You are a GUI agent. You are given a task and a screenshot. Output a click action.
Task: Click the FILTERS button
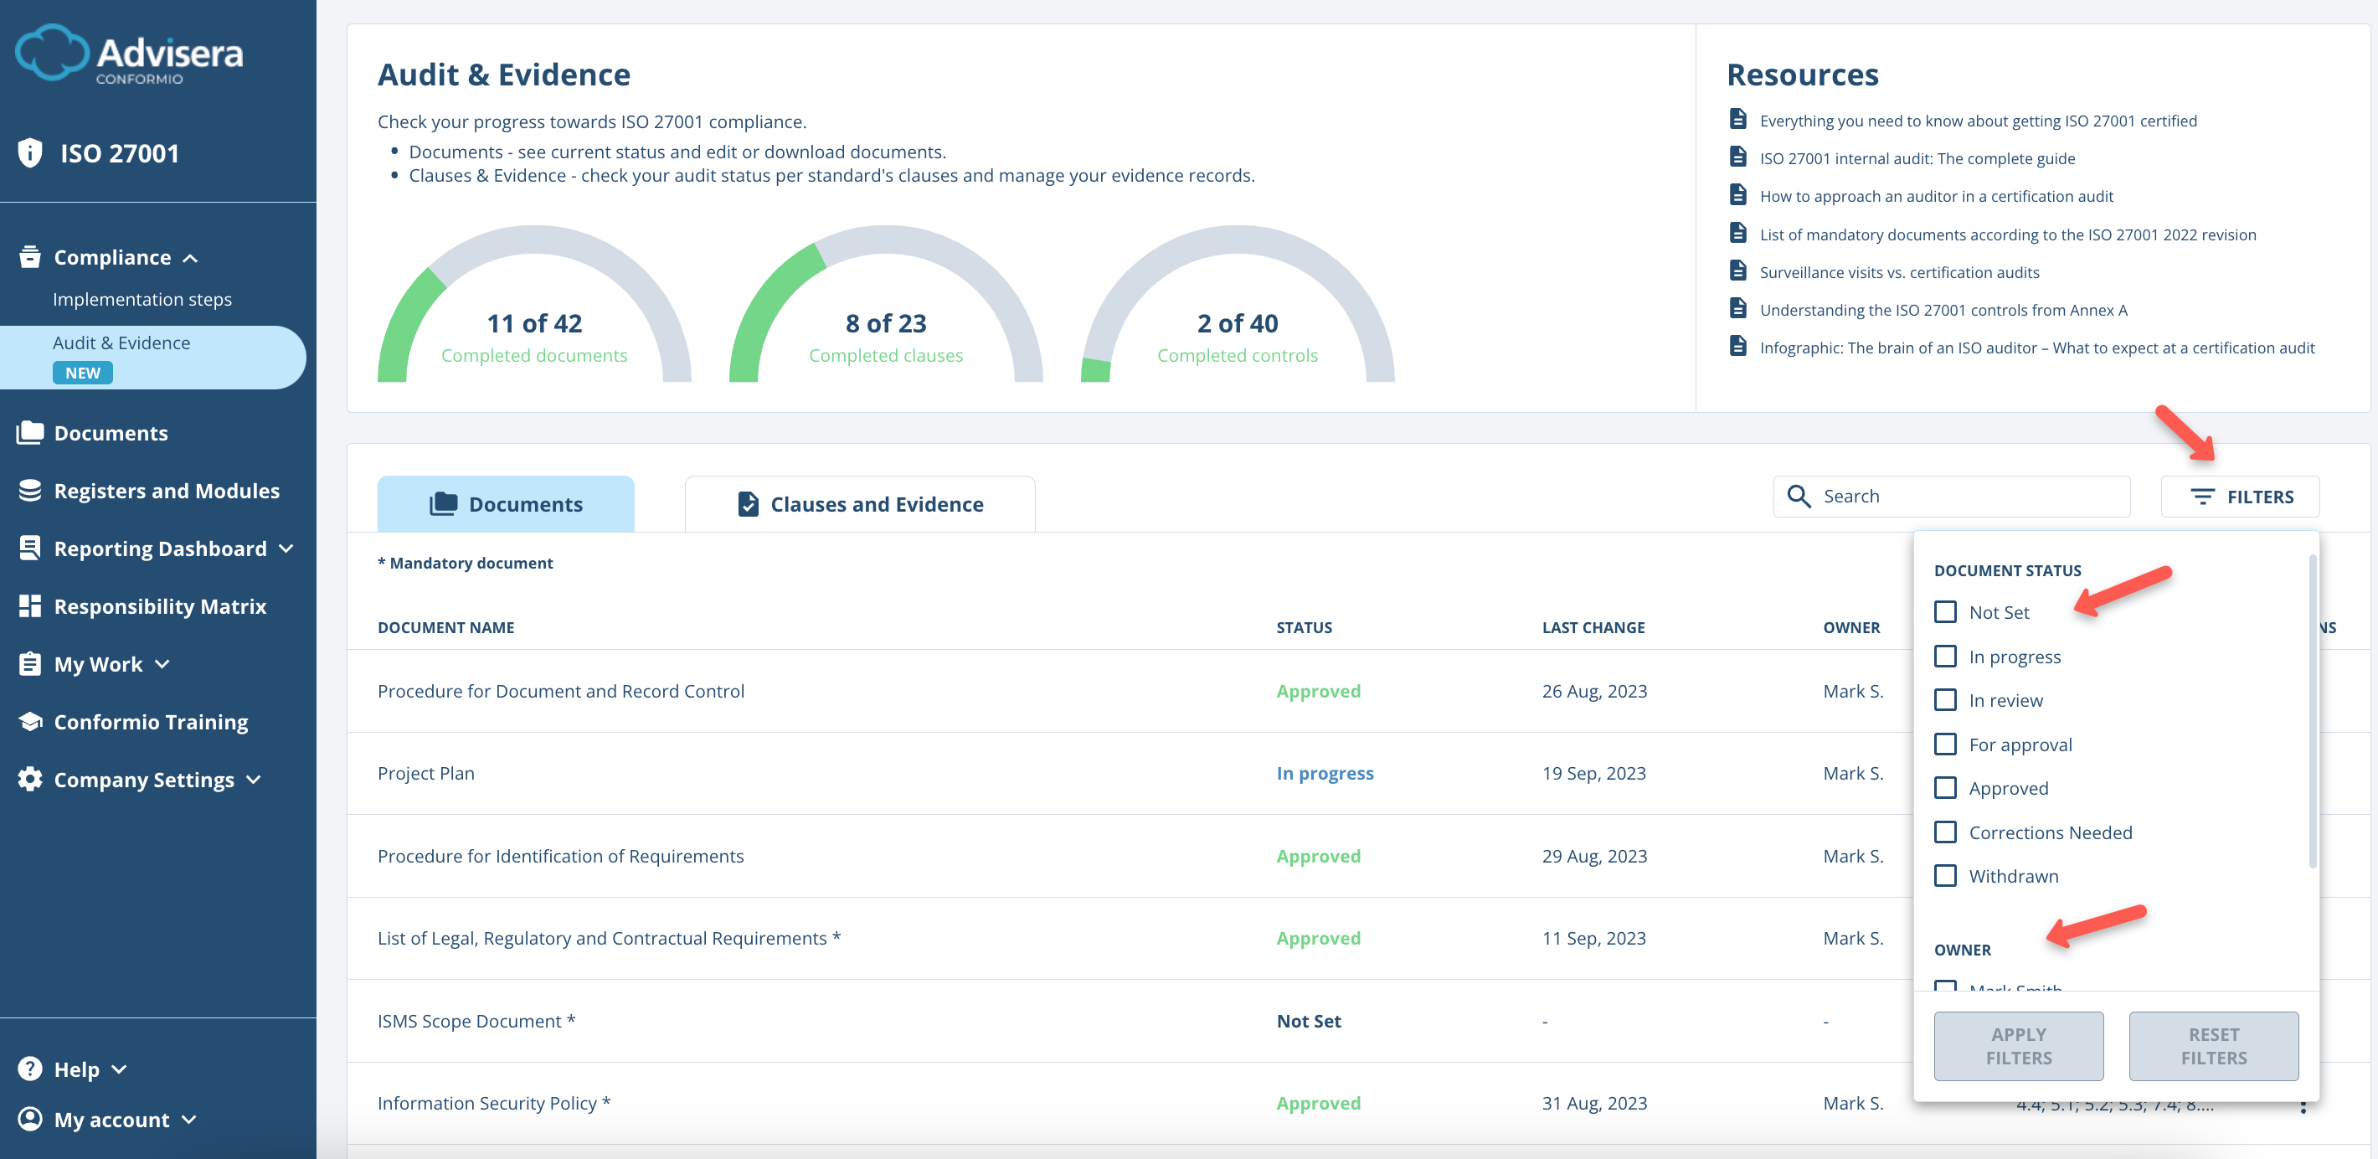2241,497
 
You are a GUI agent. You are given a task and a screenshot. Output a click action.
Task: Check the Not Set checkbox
1945,612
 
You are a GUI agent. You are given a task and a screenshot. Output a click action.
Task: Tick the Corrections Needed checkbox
1945,832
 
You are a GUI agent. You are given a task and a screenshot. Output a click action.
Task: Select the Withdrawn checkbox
1945,875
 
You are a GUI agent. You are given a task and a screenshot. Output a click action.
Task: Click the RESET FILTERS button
2213,1045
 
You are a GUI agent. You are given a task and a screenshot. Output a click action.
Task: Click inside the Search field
1966,497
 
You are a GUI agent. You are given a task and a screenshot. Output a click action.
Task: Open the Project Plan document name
425,773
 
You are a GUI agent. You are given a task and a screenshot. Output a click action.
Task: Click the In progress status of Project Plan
1324,773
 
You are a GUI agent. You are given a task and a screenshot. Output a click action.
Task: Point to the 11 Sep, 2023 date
1593,938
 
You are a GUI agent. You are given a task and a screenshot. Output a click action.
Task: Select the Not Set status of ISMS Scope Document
1308,1021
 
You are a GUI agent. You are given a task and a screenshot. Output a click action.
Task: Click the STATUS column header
1304,627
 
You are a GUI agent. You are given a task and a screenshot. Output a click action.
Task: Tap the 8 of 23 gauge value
885,323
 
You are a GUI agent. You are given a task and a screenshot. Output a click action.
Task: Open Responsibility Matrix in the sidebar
159,607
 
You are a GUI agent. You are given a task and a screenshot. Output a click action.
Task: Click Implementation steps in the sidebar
142,299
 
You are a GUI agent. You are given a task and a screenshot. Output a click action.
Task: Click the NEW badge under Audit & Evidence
82,373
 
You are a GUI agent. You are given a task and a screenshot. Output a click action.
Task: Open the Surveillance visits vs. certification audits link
1898,272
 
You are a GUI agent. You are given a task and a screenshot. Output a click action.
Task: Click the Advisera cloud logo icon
51,53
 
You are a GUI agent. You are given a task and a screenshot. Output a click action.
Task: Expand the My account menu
111,1120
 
